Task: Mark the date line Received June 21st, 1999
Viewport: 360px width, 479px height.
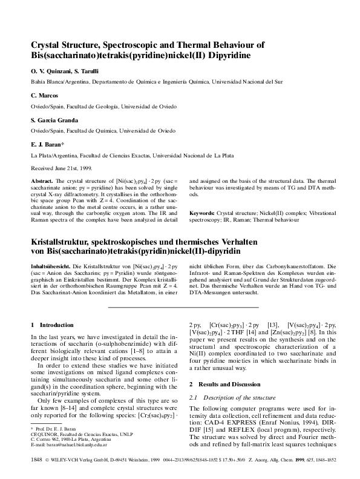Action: coord(61,168)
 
